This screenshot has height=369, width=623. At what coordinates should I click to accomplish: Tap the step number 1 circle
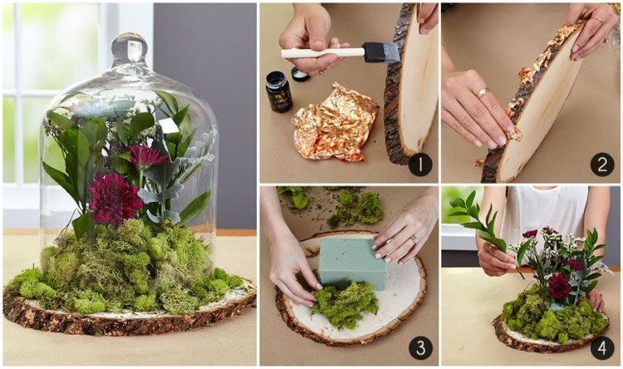pyautogui.click(x=420, y=165)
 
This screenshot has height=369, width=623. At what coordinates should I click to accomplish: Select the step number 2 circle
pyautogui.click(x=602, y=165)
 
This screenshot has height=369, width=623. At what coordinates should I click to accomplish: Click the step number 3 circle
pyautogui.click(x=420, y=347)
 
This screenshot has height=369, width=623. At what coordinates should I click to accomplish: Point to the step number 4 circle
pyautogui.click(x=602, y=347)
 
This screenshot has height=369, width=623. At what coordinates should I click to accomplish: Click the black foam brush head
pyautogui.click(x=381, y=52)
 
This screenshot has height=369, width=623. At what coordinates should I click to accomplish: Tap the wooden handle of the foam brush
pyautogui.click(x=322, y=53)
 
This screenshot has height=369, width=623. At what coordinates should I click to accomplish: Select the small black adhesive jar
pyautogui.click(x=278, y=91)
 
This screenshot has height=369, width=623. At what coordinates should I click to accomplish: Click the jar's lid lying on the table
pyautogui.click(x=301, y=74)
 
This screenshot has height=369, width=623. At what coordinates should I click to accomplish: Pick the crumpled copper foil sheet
pyautogui.click(x=334, y=123)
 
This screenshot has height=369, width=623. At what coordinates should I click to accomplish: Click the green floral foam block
pyautogui.click(x=353, y=263)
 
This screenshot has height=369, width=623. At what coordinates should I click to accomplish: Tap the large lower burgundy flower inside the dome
pyautogui.click(x=115, y=198)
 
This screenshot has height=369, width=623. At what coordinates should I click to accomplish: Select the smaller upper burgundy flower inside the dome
pyautogui.click(x=146, y=156)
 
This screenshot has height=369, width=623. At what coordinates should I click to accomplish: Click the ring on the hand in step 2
pyautogui.click(x=482, y=93)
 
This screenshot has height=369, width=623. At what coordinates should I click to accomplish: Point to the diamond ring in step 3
pyautogui.click(x=414, y=239)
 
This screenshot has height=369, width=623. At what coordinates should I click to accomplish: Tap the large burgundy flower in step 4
pyautogui.click(x=559, y=286)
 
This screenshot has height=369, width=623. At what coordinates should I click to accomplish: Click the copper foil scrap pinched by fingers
pyautogui.click(x=513, y=133)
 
